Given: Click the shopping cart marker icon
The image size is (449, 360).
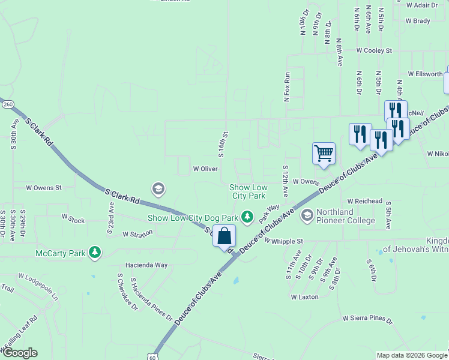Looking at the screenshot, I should click(x=324, y=153).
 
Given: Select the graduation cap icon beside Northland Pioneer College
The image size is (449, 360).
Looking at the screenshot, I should click(x=307, y=215).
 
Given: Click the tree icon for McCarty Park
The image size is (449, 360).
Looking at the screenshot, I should click(x=94, y=253).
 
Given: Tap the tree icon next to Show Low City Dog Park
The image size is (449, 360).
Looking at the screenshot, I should click(x=247, y=216).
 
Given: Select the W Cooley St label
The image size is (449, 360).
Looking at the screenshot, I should click(x=373, y=51).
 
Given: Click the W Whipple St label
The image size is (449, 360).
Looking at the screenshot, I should click(x=284, y=241).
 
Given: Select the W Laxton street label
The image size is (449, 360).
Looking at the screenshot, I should click(x=304, y=296).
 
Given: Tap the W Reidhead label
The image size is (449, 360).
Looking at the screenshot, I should click(x=365, y=201).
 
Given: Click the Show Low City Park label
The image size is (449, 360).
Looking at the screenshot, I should click(x=247, y=191).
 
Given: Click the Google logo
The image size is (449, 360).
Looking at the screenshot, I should click(x=19, y=353).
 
